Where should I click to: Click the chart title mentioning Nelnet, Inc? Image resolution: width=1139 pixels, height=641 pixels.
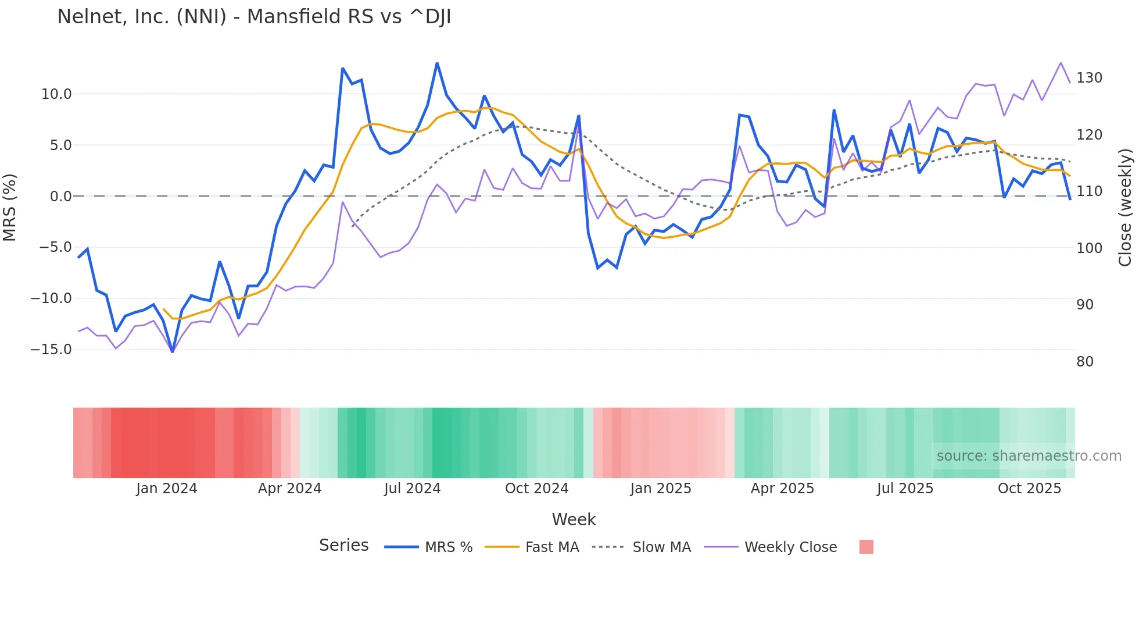pyautogui.click(x=254, y=17)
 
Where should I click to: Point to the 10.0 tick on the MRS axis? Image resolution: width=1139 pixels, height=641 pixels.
pyautogui.click(x=56, y=94)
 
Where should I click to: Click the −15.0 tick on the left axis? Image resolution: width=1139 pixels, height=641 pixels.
pyautogui.click(x=51, y=350)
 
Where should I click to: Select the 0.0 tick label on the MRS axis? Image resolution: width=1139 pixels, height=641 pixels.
pyautogui.click(x=60, y=197)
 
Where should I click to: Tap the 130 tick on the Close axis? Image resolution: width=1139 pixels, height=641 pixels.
pyautogui.click(x=1089, y=78)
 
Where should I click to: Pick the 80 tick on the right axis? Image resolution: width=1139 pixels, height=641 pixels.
pyautogui.click(x=1084, y=362)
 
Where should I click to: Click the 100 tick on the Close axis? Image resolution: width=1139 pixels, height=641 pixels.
pyautogui.click(x=1089, y=248)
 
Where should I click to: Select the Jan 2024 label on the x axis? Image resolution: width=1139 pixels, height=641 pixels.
pyautogui.click(x=167, y=489)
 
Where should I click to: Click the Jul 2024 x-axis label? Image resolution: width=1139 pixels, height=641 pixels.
pyautogui.click(x=412, y=489)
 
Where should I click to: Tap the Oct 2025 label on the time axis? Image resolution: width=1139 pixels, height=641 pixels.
pyautogui.click(x=1029, y=489)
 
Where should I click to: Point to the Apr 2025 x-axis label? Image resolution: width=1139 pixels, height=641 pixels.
pyautogui.click(x=782, y=489)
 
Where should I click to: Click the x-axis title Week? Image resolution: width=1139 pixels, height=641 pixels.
pyautogui.click(x=574, y=519)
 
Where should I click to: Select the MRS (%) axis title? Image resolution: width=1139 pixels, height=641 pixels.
pyautogui.click(x=10, y=207)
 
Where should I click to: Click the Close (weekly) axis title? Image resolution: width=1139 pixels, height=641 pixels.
pyautogui.click(x=1126, y=208)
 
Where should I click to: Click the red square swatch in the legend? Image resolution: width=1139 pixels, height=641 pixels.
pyautogui.click(x=866, y=547)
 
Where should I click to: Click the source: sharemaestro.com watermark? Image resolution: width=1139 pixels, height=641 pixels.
pyautogui.click(x=1029, y=456)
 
